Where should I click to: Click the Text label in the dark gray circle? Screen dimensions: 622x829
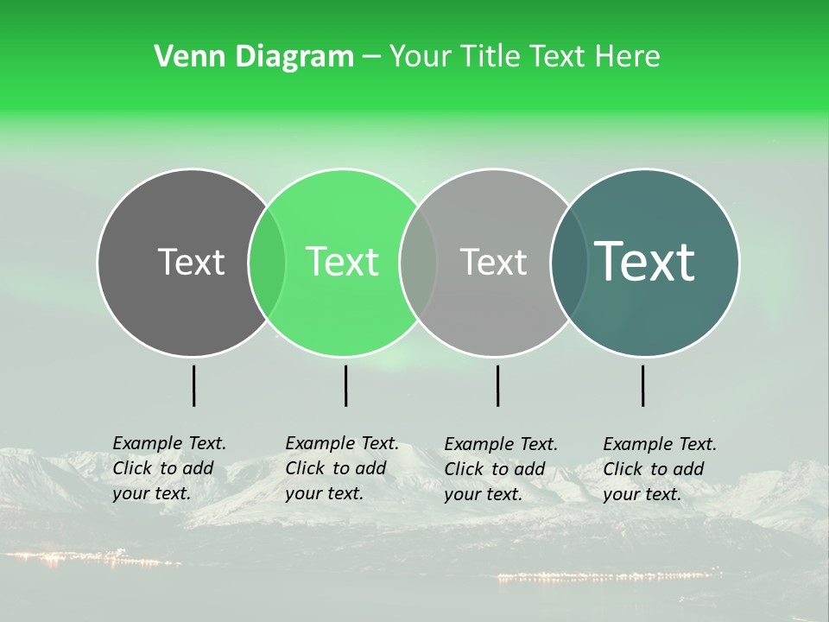click(191, 262)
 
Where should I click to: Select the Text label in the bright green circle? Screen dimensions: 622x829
click(343, 262)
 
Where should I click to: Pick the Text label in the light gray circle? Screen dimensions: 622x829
click(493, 262)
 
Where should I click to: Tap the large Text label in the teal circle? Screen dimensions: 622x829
click(645, 262)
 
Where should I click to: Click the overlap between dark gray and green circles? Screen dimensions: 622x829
click(267, 263)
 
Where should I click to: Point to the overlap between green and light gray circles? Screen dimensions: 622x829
click(418, 263)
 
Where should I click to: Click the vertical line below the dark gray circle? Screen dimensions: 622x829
click(193, 385)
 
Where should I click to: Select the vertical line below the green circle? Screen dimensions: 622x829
click(345, 385)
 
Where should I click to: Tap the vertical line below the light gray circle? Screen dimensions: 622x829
click(497, 385)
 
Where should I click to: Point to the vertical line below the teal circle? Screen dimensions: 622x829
click(642, 385)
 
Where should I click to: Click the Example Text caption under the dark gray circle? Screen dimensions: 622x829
click(168, 468)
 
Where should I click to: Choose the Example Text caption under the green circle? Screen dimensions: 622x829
click(341, 468)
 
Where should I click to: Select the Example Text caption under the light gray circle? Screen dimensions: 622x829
click(500, 469)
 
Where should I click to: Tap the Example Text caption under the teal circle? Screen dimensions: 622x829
click(659, 469)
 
